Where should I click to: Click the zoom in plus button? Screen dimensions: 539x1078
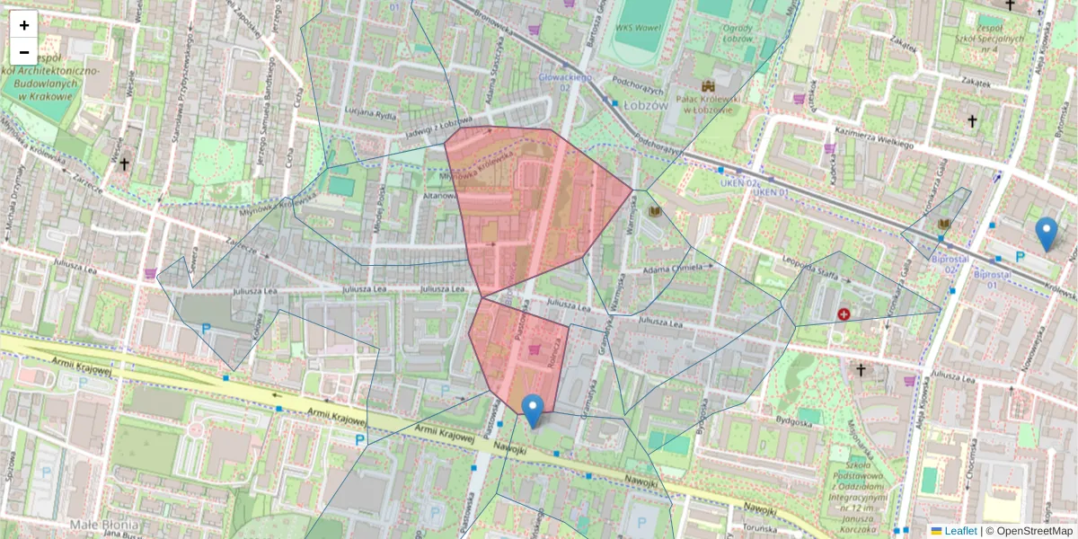tap(24, 25)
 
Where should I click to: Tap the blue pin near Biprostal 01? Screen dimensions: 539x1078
tap(1046, 234)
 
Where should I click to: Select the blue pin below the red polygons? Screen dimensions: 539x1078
tap(533, 411)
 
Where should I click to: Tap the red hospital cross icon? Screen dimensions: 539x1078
tap(844, 314)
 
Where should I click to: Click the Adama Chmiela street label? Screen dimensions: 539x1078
tap(676, 267)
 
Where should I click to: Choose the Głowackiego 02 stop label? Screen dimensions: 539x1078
tap(566, 82)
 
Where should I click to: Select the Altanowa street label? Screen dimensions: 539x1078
tap(440, 195)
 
